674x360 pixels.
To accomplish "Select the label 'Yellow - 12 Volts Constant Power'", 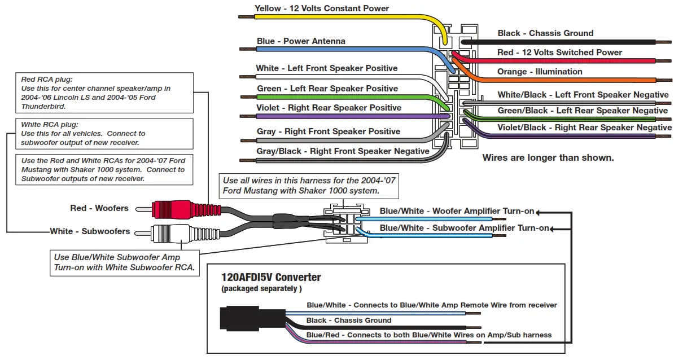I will pos(322,8).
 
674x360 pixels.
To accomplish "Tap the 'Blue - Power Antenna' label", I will pos(301,41).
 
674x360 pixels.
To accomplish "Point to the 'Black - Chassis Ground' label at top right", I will pos(545,33).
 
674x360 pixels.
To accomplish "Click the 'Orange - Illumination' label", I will pos(540,72).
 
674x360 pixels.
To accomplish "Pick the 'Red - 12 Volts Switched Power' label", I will pos(559,52).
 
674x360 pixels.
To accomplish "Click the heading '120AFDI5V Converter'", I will pos(271,278).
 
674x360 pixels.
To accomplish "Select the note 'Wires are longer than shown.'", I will pos(548,158).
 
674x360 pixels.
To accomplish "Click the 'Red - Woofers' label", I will pos(99,208).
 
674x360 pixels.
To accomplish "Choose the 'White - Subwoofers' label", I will pos(90,231).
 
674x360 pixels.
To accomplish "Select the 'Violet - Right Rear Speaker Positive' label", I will pos(329,108).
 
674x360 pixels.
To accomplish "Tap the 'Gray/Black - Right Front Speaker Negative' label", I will pos(343,151).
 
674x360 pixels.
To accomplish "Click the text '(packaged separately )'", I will pos(261,289).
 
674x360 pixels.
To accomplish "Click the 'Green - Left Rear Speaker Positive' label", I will pos(327,89).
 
